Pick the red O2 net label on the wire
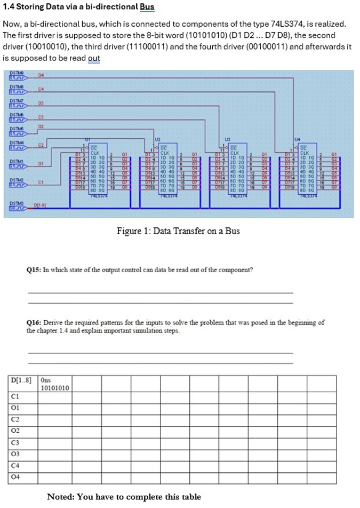click(41, 126)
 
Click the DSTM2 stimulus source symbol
click(17, 184)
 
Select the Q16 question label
click(35, 323)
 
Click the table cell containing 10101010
click(54, 388)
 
